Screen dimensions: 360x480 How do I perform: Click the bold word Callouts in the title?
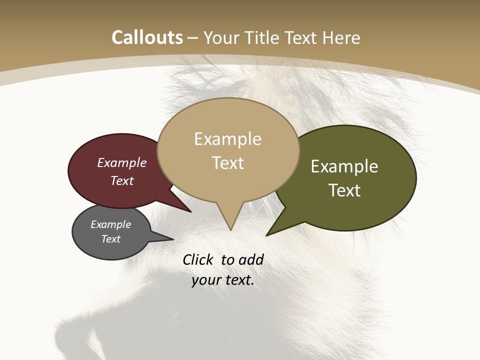[147, 37]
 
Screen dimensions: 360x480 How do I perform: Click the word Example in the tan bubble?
[227, 139]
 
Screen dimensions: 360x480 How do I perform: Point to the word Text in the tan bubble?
[227, 163]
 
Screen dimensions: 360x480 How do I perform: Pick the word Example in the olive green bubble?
[344, 166]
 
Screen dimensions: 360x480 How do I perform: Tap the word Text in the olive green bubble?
[344, 190]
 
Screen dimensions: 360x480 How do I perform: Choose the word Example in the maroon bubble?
[122, 163]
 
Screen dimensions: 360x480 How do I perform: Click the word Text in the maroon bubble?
[122, 181]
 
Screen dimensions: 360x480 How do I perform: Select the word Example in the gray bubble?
[110, 224]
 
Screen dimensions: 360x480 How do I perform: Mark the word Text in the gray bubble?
[110, 239]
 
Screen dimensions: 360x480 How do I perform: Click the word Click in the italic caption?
[198, 259]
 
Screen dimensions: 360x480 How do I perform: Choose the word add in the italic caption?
[251, 259]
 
